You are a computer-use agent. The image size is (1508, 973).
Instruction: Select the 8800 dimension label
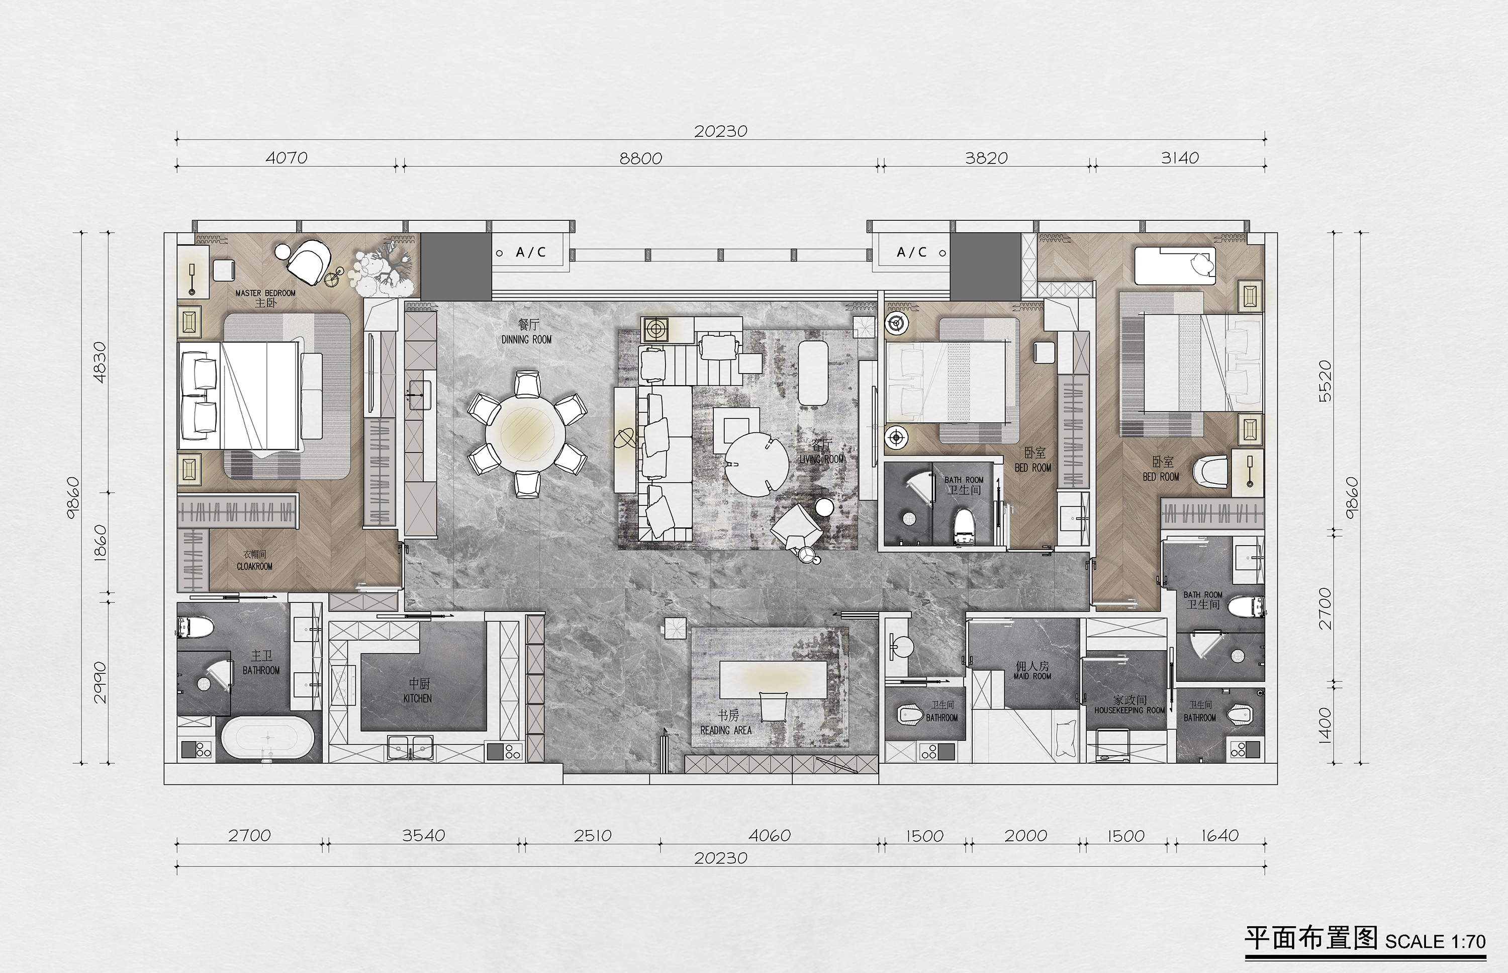[640, 158]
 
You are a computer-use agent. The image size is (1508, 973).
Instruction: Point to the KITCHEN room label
[418, 698]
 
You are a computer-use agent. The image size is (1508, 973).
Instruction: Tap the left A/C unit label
[530, 252]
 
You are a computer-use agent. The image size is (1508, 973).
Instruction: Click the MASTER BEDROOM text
[265, 293]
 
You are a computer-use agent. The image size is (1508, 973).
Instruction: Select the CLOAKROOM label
[254, 566]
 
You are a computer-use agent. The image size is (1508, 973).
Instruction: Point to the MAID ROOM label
[1032, 676]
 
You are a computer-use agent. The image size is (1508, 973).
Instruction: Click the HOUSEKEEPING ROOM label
[1129, 710]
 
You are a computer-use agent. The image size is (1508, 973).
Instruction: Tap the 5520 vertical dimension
[1326, 381]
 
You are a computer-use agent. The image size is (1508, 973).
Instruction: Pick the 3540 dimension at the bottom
[424, 835]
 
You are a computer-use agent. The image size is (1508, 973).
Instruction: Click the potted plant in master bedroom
[382, 270]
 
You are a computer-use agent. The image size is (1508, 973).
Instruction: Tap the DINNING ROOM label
[527, 340]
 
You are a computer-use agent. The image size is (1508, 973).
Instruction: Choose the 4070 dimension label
[286, 158]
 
